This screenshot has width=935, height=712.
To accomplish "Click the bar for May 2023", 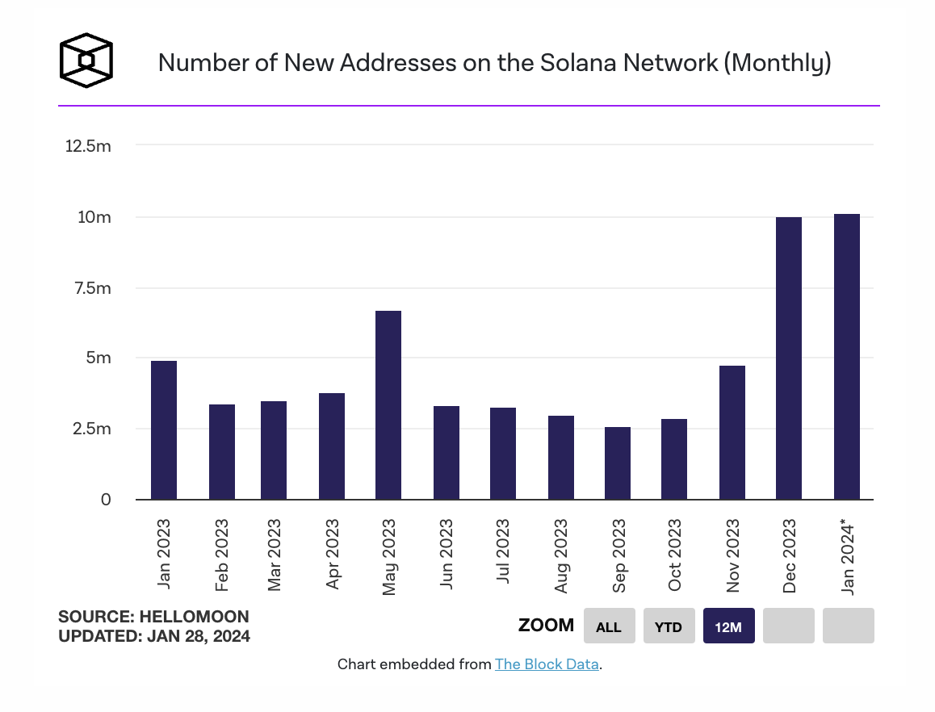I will (388, 404).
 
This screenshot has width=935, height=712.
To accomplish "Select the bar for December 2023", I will (789, 358).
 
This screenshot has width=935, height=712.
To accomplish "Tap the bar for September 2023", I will (618, 463).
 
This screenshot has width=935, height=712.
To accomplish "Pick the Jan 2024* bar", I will (847, 356).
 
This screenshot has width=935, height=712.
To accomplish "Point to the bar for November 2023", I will (732, 432).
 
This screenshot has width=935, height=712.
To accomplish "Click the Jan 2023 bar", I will (164, 429).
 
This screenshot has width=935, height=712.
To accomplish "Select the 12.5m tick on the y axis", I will (88, 147).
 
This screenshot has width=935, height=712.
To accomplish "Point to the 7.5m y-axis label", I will (90, 288).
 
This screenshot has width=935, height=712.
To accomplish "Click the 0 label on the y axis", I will (106, 500).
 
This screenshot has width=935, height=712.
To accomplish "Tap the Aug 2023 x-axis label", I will (562, 556).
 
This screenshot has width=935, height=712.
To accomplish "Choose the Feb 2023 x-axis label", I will (222, 556).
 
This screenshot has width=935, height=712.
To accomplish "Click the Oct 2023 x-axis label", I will (676, 555).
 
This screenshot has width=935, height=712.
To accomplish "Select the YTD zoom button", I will (669, 626).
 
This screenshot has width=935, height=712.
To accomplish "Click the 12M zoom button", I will (728, 626).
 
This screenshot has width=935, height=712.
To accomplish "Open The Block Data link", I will (547, 664).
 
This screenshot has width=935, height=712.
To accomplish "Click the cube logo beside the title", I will (86, 61).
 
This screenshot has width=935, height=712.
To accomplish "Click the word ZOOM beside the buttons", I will (546, 625).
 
